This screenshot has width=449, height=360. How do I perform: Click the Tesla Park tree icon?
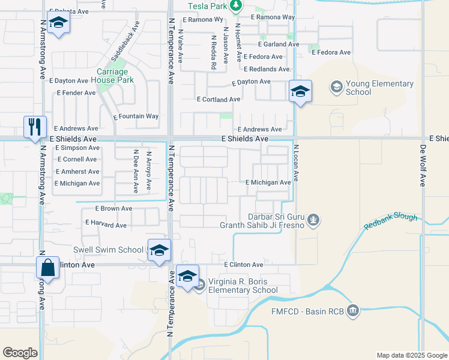(236, 6)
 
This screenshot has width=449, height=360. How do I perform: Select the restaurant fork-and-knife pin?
(34, 127)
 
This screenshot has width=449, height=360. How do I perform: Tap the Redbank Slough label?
(391, 221)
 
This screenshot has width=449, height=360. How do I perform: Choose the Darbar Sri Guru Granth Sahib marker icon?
(313, 221)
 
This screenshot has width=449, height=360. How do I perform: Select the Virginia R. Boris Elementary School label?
(243, 286)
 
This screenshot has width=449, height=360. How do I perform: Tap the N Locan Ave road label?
(295, 164)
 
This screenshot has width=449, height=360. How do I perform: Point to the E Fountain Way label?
(136, 116)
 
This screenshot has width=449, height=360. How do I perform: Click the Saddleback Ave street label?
(125, 41)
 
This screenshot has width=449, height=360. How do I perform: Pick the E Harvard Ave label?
(106, 225)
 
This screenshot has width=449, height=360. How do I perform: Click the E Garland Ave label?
(278, 44)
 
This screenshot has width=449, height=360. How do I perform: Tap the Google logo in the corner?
(20, 353)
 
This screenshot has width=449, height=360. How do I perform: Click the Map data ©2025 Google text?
(411, 355)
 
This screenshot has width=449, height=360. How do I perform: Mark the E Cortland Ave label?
(218, 100)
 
